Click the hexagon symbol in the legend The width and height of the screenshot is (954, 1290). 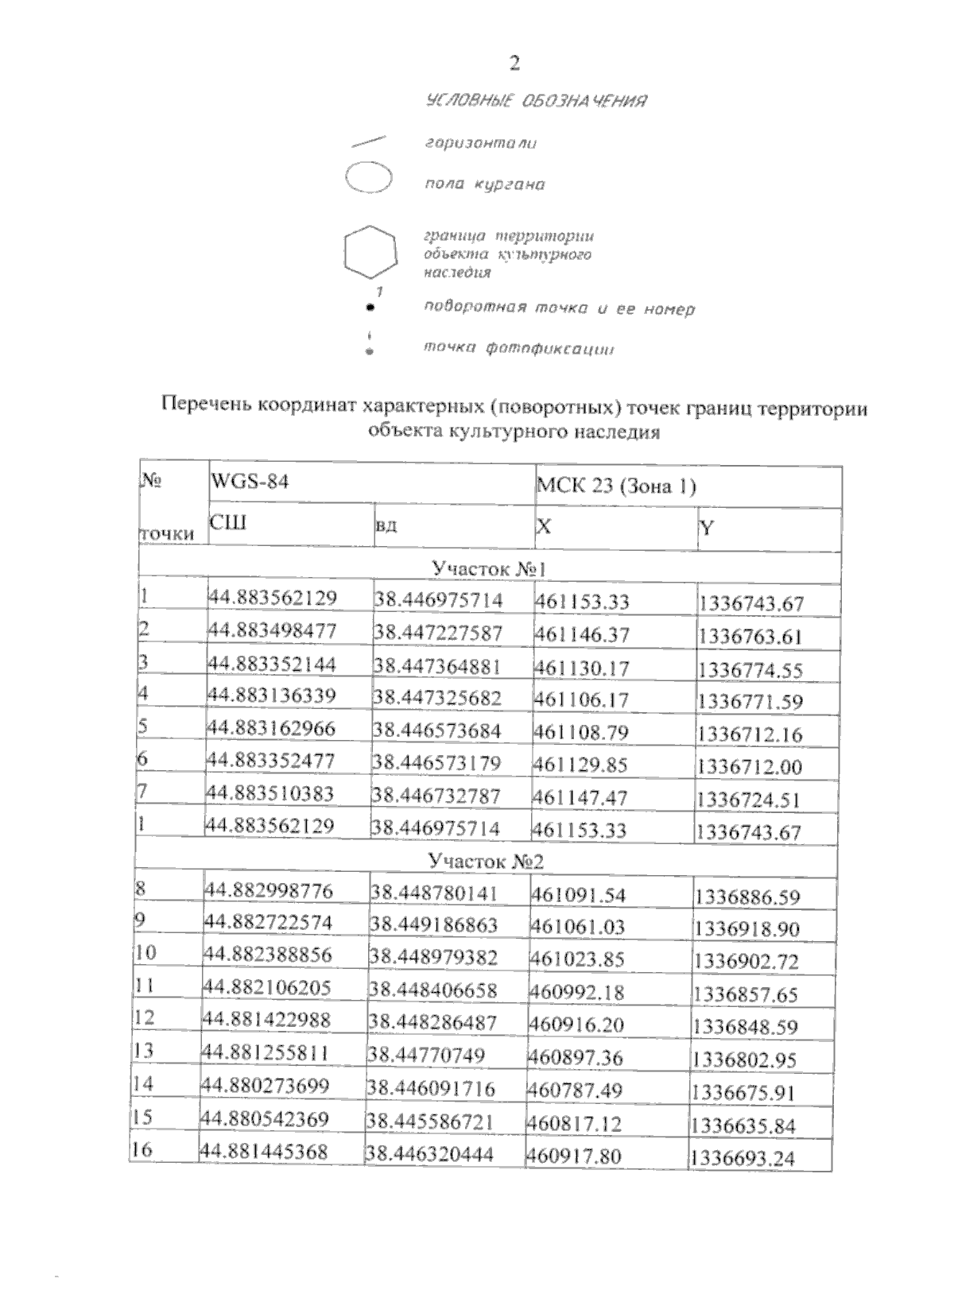(x=370, y=253)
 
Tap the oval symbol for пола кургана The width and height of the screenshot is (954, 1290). (x=369, y=177)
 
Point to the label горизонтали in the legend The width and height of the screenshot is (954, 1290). (x=480, y=143)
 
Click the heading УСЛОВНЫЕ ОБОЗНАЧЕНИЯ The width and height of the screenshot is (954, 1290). (x=536, y=101)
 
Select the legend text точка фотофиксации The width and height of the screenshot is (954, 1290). (x=518, y=348)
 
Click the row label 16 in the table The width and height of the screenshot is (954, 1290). (x=143, y=1151)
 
